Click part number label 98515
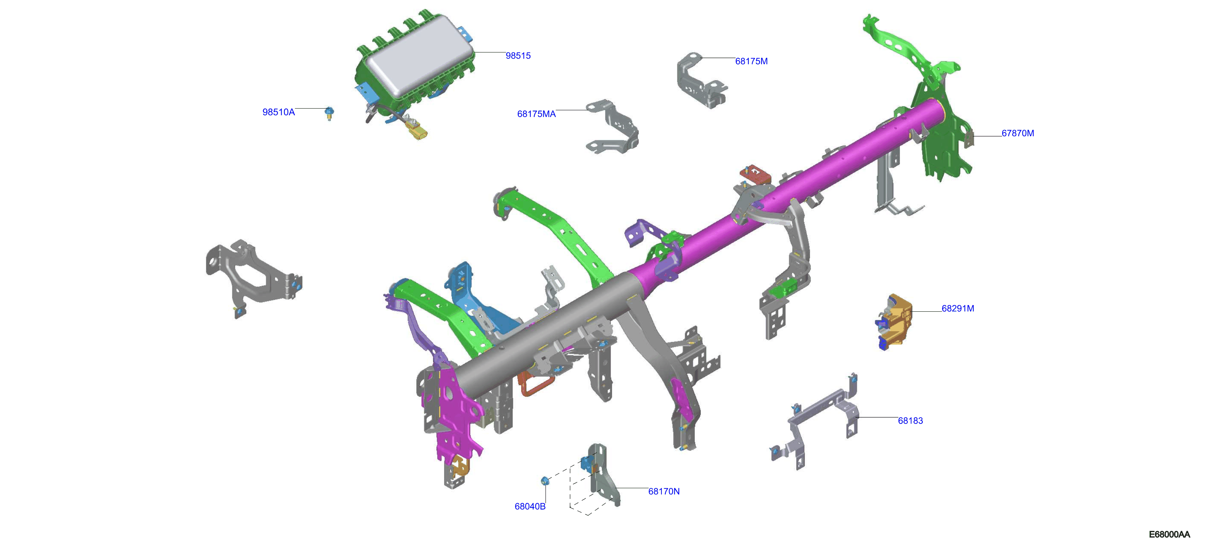(518, 56)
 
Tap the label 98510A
(279, 112)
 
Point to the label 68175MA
(536, 114)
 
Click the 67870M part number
(1017, 133)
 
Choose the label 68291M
(958, 309)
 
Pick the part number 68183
(910, 421)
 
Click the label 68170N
(663, 492)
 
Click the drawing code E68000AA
(1169, 534)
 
